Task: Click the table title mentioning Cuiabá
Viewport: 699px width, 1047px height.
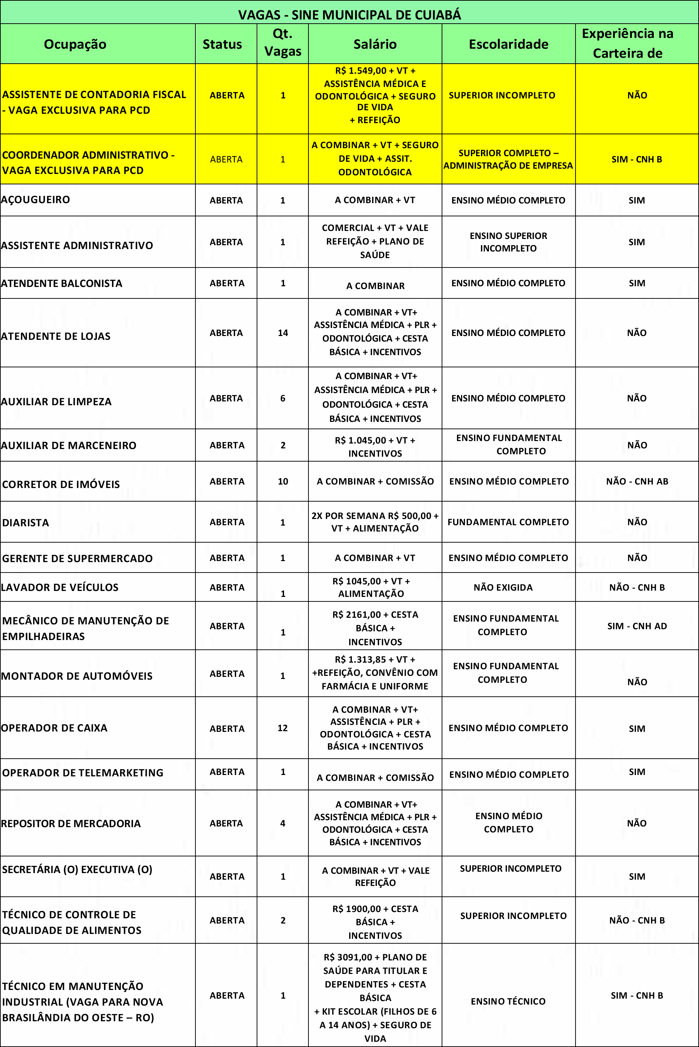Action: [349, 15]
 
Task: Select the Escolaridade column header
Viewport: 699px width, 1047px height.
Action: [508, 44]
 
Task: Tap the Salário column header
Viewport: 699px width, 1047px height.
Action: [375, 44]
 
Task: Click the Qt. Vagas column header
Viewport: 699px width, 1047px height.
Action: [283, 43]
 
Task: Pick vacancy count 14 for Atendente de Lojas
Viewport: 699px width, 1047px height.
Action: [283, 333]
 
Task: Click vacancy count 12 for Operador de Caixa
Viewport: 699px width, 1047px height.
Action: [283, 728]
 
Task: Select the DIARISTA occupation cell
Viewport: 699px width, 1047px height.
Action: [26, 522]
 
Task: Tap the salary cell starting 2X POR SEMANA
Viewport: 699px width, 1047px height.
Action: [375, 522]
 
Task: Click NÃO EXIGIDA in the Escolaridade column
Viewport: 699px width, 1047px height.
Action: [503, 587]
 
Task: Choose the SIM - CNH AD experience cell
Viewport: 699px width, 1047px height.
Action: [637, 626]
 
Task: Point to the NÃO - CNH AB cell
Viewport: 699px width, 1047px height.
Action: [637, 481]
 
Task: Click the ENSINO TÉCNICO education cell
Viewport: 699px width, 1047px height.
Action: [508, 1001]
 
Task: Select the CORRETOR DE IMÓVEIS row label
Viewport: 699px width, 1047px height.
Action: [61, 484]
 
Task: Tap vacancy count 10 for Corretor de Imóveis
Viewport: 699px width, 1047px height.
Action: [283, 481]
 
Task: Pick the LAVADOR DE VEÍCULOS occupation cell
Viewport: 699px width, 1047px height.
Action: [60, 587]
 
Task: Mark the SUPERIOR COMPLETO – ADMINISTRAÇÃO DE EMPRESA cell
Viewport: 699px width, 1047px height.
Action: [508, 159]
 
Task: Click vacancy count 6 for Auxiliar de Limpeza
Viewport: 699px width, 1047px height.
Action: [283, 398]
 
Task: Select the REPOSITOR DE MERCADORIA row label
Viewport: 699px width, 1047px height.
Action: [71, 823]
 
